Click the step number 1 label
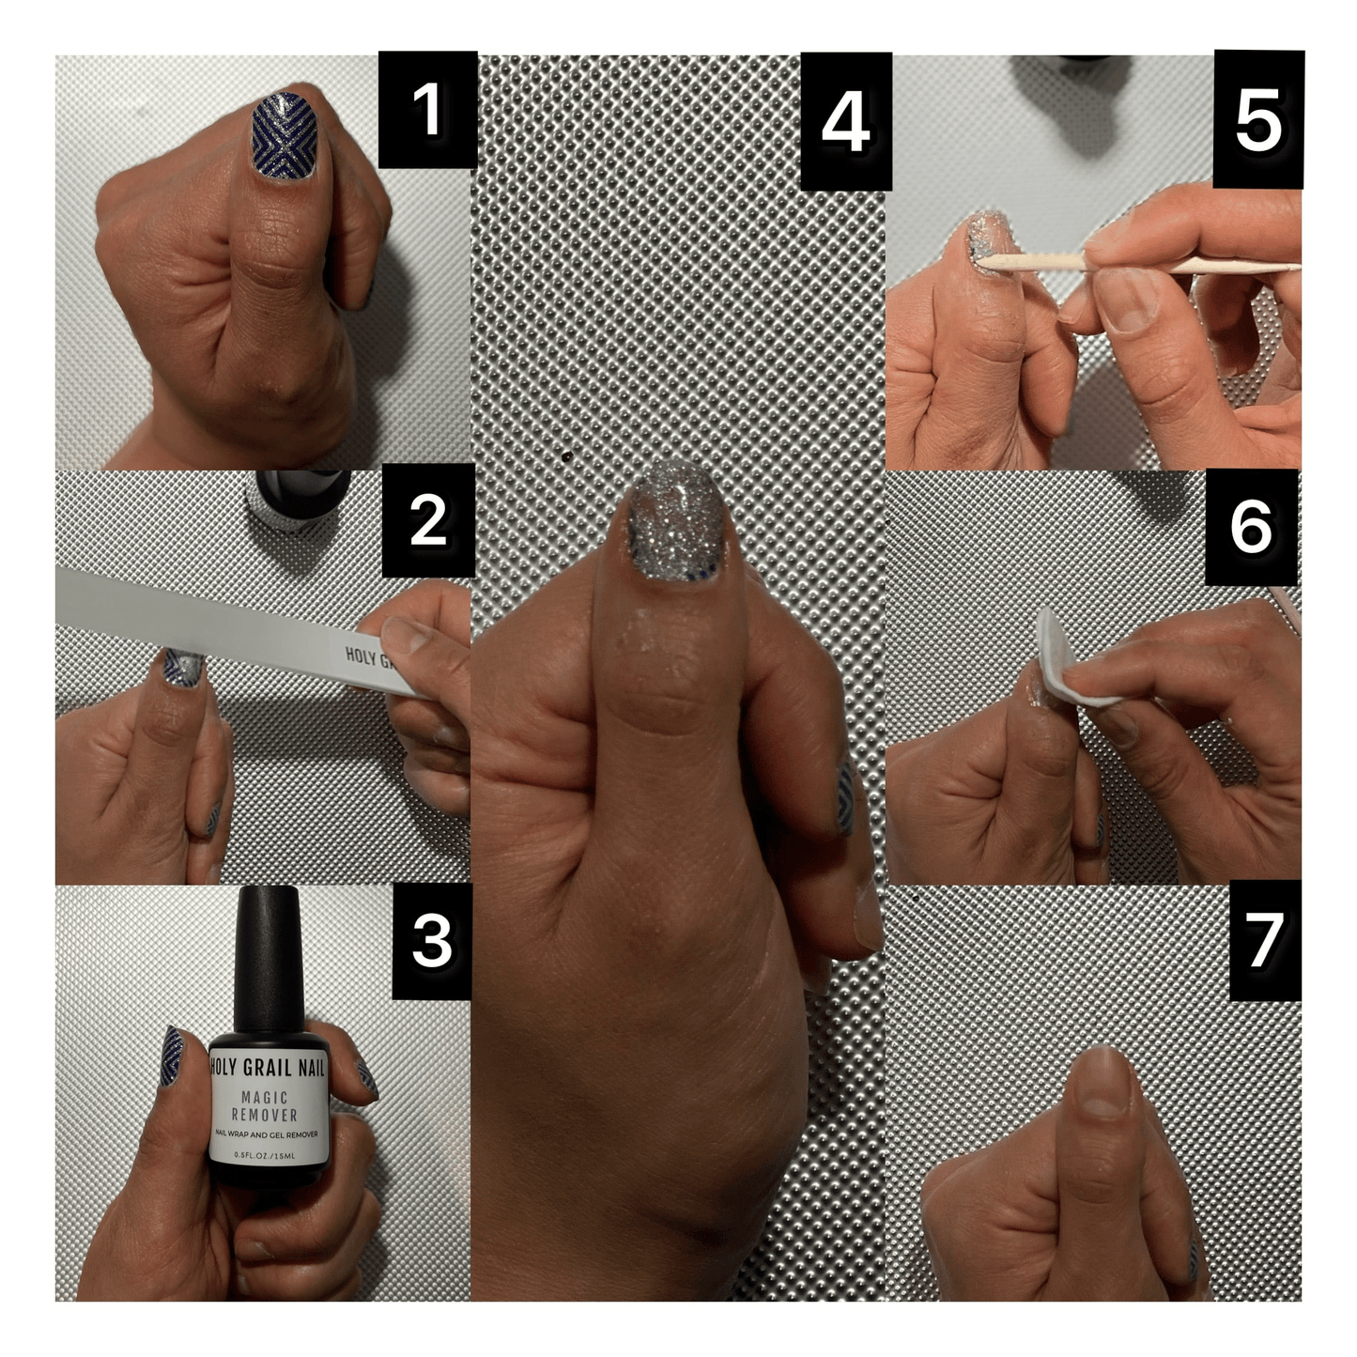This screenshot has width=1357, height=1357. coord(427,110)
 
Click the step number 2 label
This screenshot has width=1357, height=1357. coord(428,520)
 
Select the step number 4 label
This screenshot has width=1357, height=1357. coord(845,122)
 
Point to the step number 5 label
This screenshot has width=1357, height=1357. coord(1257,120)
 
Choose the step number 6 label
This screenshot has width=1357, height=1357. coord(1251,527)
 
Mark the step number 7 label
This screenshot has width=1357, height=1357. coord(1264,940)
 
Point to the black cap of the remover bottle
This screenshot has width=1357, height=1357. coord(268,958)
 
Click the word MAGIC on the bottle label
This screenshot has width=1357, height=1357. coord(265,1097)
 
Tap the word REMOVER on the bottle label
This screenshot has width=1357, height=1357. coord(265,1115)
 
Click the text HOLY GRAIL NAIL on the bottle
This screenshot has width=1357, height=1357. coord(268,1068)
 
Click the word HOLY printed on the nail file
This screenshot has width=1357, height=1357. coord(360,655)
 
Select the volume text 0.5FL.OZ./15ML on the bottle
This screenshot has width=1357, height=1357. coord(265,1156)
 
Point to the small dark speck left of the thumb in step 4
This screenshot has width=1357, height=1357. coord(567,456)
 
